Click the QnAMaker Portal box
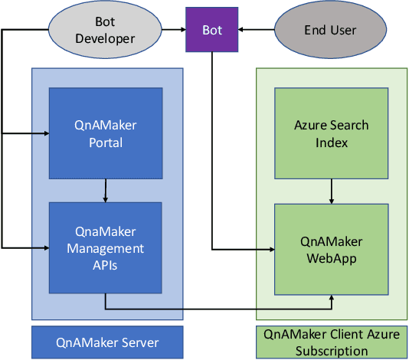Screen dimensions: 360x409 (x=106, y=133)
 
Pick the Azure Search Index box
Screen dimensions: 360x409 (x=332, y=133)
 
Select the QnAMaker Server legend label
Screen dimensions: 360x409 (x=106, y=342)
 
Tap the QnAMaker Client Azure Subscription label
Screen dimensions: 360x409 (x=332, y=342)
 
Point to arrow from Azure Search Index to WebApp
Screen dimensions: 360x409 (x=332, y=191)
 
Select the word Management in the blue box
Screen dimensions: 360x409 (x=106, y=248)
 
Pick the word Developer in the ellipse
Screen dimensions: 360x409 (x=106, y=38)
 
